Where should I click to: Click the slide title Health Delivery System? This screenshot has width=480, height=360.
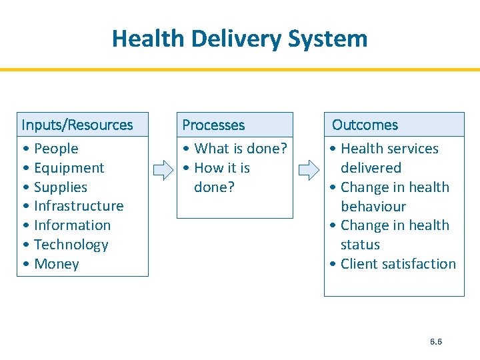(x=239, y=38)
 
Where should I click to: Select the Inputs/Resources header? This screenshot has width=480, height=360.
(x=77, y=125)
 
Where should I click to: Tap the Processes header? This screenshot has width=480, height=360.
(x=213, y=125)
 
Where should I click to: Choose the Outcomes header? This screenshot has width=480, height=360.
(x=365, y=125)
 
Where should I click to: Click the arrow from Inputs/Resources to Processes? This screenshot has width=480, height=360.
(x=163, y=171)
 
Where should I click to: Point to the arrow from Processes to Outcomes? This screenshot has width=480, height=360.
(x=309, y=171)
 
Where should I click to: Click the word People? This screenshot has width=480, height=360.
(x=56, y=149)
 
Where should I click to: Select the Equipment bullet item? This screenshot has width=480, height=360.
(x=69, y=168)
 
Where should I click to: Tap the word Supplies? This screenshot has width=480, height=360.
(x=60, y=187)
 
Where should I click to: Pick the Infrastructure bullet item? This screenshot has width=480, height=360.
(x=79, y=206)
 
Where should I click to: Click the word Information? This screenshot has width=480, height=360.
(x=72, y=225)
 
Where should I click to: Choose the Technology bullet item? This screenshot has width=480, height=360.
(x=71, y=245)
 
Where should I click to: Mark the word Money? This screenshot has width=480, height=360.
(x=56, y=264)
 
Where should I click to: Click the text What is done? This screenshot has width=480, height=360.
(x=240, y=149)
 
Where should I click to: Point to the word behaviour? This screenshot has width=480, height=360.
(x=373, y=207)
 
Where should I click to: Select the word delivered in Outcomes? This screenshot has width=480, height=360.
(x=371, y=168)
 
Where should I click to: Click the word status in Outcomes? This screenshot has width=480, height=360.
(x=360, y=245)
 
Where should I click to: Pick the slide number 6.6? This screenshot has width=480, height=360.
(x=436, y=341)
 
